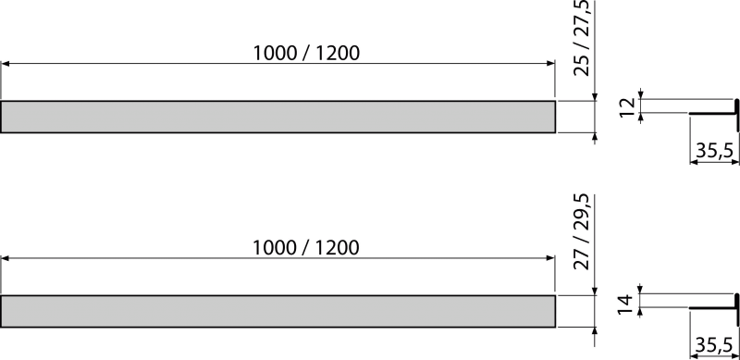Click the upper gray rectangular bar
(x=277, y=117)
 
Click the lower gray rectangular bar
(x=277, y=311)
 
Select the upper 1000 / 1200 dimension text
(x=306, y=54)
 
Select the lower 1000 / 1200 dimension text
(x=306, y=248)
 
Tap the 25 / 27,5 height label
(x=582, y=37)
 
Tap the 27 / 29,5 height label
(x=582, y=231)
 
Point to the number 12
(x=628, y=108)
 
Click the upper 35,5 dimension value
(x=714, y=151)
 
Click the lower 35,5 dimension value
(x=714, y=345)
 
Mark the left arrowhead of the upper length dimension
(x=6, y=63)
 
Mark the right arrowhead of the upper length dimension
(x=550, y=63)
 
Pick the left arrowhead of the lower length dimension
(x=6, y=258)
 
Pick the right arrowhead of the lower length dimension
(x=550, y=258)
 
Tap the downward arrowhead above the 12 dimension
(x=640, y=94)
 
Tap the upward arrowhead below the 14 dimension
(x=640, y=312)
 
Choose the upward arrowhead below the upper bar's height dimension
(x=595, y=138)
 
